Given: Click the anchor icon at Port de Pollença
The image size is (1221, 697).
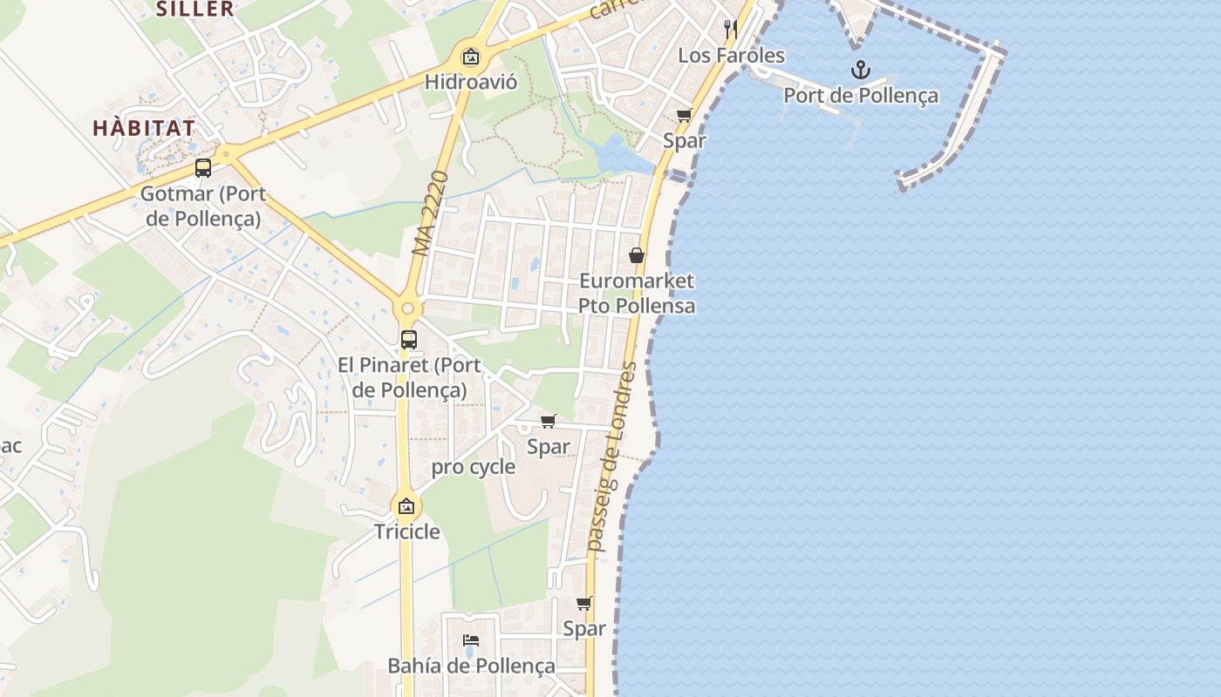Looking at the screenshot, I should (861, 69).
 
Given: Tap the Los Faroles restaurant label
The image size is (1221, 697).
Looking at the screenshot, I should (731, 56).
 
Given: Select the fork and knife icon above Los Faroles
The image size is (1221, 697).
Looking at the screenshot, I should (731, 29).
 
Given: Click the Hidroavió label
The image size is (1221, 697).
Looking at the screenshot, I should (471, 82).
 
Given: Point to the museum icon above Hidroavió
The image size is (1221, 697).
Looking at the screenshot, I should (471, 58).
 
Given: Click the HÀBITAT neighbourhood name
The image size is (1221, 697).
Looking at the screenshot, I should (144, 127).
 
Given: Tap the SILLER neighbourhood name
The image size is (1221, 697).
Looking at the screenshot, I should (195, 10).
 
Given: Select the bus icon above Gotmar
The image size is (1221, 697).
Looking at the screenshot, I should (203, 168).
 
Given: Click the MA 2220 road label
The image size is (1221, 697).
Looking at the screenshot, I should (430, 213).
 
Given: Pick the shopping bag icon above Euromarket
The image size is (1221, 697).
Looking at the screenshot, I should (637, 255).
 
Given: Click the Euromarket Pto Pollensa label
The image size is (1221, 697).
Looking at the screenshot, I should (637, 293).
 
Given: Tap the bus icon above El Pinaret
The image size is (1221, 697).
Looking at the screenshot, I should (409, 340).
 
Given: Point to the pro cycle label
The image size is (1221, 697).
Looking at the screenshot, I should (474, 467).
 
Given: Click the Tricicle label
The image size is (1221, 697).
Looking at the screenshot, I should (407, 531).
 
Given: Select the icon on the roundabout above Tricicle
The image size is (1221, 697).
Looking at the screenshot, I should (406, 505).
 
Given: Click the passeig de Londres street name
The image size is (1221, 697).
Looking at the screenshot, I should (612, 456).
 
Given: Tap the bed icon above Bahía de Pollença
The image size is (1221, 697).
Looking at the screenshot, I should (471, 640).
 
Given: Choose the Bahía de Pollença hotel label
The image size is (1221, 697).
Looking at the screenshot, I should (471, 667).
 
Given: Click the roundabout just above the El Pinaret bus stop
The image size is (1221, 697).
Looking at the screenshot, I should (407, 308).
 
